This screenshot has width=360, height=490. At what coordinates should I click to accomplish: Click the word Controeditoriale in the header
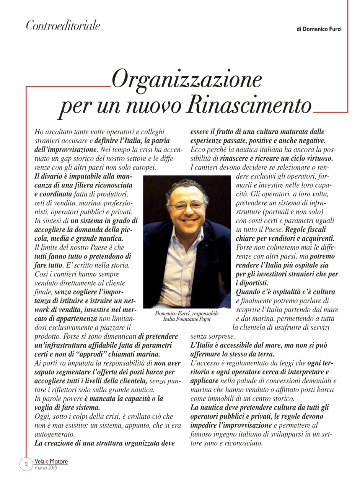click(63, 26)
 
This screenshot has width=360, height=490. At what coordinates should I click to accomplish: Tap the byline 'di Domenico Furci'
click(319, 29)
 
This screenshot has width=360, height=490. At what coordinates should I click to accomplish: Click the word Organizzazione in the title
click(186, 79)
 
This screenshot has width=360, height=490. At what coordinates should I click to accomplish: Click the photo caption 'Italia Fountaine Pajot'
click(187, 319)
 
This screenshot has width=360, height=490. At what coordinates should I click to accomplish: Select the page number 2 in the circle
click(26, 464)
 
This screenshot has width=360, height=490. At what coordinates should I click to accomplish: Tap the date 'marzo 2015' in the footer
click(46, 468)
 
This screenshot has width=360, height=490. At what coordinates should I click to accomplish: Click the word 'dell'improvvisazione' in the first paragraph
click(65, 149)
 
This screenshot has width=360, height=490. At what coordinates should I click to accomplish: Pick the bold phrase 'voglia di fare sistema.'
click(67, 407)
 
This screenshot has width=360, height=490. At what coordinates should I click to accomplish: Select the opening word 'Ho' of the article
click(39, 132)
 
